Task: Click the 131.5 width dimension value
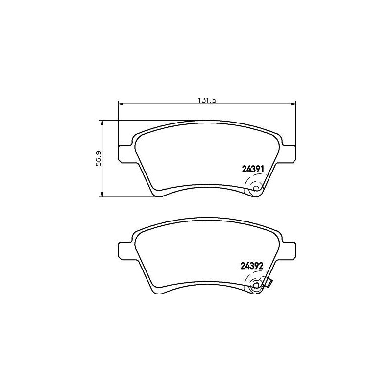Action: tap(207, 100)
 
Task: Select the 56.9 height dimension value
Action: tap(98, 159)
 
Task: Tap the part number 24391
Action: tap(253, 170)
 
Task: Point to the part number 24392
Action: tap(253, 266)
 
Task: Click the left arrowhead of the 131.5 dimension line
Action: tap(121, 103)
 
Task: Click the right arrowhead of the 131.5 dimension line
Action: tap(294, 103)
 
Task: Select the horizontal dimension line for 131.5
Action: tap(162, 103)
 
